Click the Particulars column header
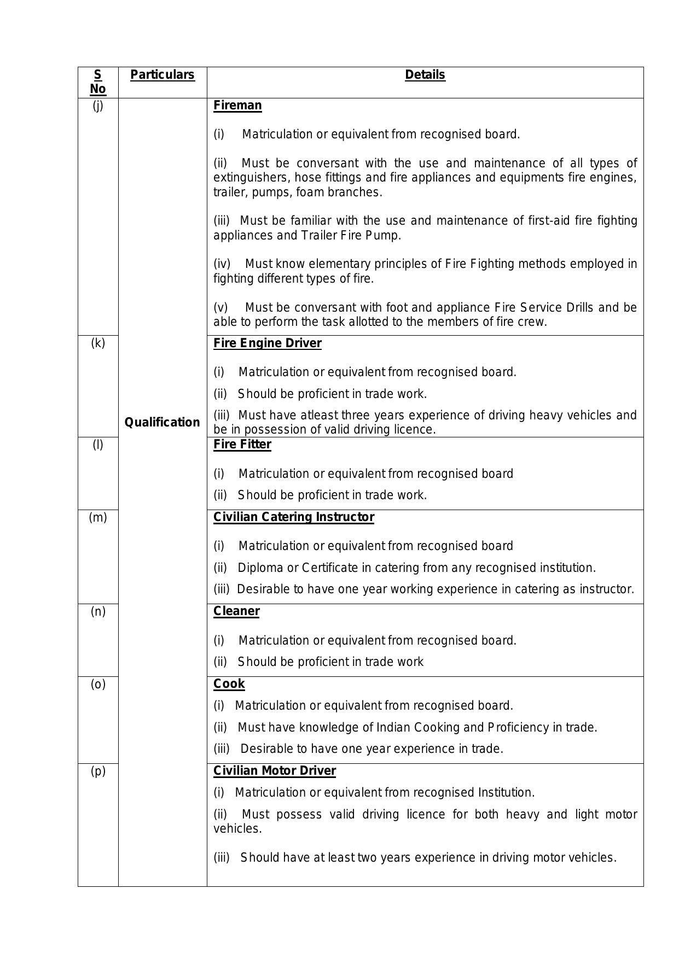(162, 75)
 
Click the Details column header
(425, 75)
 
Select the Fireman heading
(237, 106)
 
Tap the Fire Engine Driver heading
(267, 343)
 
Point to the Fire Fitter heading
(242, 445)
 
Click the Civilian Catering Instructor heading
(293, 517)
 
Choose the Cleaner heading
(236, 611)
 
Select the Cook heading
(229, 684)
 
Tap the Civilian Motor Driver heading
(274, 771)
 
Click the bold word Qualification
(162, 422)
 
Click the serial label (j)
(97, 106)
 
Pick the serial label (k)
(97, 343)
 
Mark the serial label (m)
(97, 517)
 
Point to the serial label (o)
(97, 684)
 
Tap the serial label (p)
(97, 771)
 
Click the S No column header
(97, 82)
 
